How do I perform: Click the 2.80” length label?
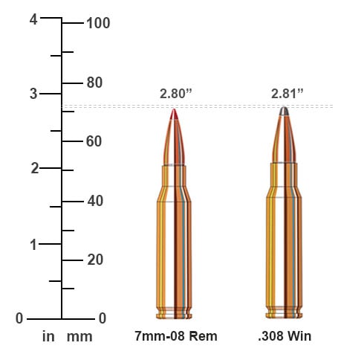(x=175, y=94)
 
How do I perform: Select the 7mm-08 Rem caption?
(x=175, y=336)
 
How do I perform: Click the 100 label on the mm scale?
(x=98, y=23)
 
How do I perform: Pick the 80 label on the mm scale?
(x=94, y=82)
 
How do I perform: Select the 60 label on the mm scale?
(x=94, y=141)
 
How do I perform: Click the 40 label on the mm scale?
(x=94, y=201)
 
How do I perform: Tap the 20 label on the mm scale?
(x=94, y=260)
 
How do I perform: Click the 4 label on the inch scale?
(x=33, y=20)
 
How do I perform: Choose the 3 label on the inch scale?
(x=33, y=94)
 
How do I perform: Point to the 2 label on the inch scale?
(x=33, y=168)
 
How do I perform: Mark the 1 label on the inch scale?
(x=33, y=244)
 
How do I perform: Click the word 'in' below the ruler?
(x=48, y=337)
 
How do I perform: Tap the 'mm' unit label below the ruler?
(x=79, y=337)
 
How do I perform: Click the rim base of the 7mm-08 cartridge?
(x=175, y=314)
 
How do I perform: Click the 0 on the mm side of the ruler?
(x=103, y=318)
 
